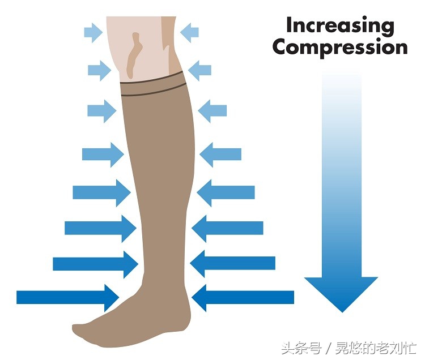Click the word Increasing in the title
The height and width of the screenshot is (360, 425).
(339, 25)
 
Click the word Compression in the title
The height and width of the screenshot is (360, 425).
(339, 47)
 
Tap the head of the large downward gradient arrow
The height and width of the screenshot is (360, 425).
(341, 292)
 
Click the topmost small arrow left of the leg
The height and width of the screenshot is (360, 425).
(93, 32)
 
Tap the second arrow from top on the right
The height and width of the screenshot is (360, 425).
(199, 71)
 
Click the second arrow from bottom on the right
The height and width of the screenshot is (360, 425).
(233, 263)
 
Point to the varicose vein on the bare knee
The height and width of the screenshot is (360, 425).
(134, 54)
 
